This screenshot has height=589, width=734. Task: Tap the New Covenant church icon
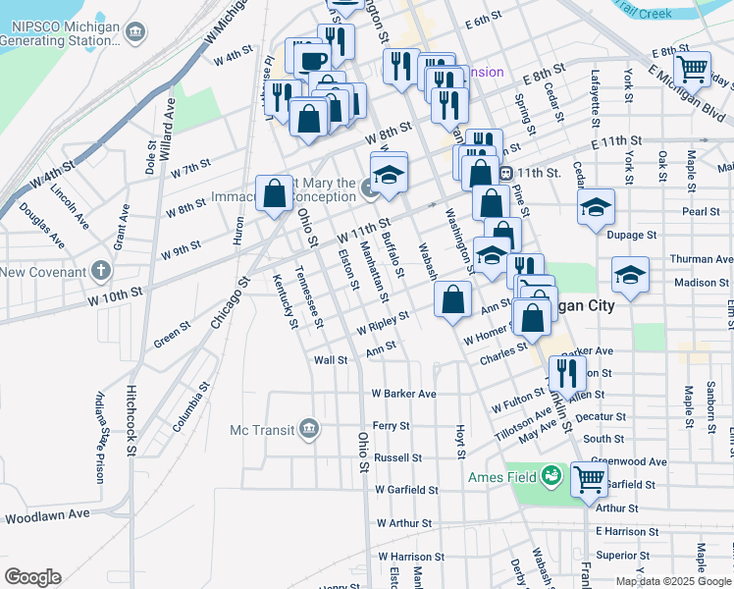(x=101, y=271)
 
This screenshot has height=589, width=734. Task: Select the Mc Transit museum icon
(x=309, y=429)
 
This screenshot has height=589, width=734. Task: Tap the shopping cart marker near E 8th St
(x=693, y=70)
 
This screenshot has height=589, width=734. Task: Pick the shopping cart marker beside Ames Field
(x=589, y=480)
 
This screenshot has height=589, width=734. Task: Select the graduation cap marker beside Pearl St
(x=596, y=208)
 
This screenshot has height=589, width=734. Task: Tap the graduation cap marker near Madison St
(x=629, y=275)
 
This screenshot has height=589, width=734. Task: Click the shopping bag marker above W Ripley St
(x=452, y=301)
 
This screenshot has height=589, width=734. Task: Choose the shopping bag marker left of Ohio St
(x=274, y=193)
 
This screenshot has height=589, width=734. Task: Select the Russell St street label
(x=397, y=457)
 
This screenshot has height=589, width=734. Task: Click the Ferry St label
(x=391, y=426)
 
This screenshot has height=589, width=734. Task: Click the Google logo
(x=32, y=577)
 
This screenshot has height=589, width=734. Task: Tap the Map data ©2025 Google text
(x=671, y=581)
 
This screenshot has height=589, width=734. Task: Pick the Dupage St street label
(x=631, y=236)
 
